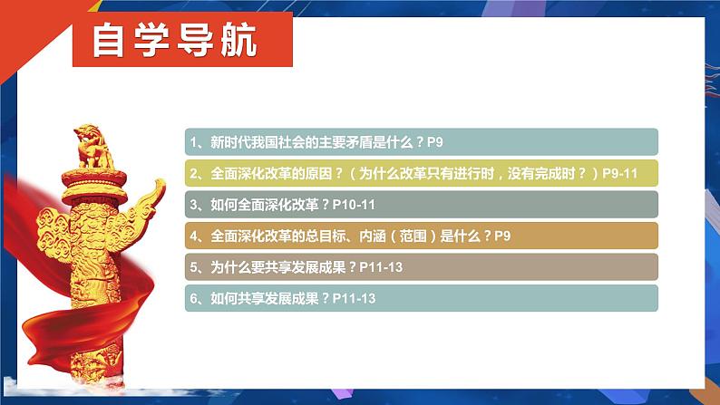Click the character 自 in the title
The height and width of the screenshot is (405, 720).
pyautogui.click(x=109, y=41)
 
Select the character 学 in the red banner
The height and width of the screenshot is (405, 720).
pyautogui.click(x=151, y=41)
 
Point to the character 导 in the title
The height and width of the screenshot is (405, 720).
pyautogui.click(x=195, y=41)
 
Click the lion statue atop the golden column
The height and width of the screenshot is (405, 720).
pyautogui.click(x=94, y=147)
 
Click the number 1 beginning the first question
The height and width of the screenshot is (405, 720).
pyautogui.click(x=194, y=142)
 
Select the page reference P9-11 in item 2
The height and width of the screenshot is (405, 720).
pyautogui.click(x=620, y=173)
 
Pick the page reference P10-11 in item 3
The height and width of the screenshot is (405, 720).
pyautogui.click(x=354, y=205)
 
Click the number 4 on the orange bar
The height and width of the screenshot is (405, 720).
pyautogui.click(x=194, y=236)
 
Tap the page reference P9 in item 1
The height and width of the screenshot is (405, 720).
pyautogui.click(x=435, y=142)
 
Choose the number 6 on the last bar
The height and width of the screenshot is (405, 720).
pyautogui.click(x=194, y=299)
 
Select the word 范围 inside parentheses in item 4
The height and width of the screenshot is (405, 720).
pyautogui.click(x=413, y=236)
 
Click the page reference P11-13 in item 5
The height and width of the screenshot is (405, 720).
pyautogui.click(x=381, y=267)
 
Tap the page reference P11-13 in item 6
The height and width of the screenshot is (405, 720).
pyautogui.click(x=354, y=299)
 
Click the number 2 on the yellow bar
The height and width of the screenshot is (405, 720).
pyautogui.click(x=194, y=173)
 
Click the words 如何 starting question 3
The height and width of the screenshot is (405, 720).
pyautogui.click(x=224, y=205)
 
